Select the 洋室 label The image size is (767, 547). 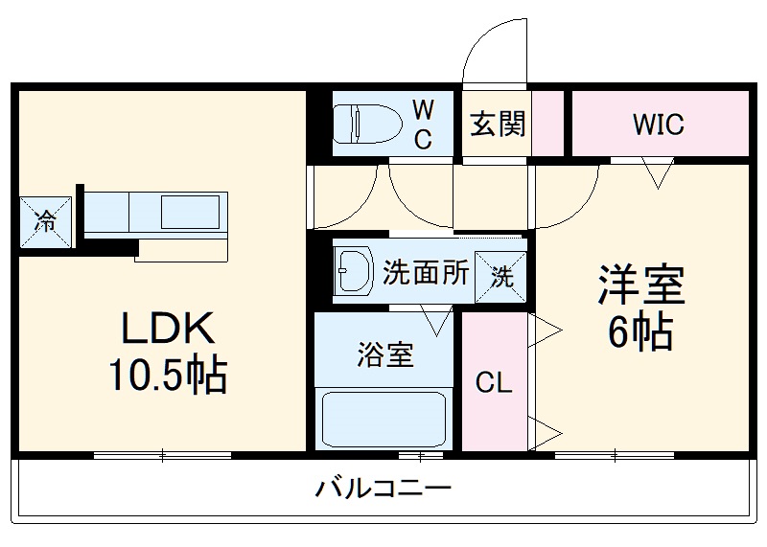(639, 285)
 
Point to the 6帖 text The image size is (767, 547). (639, 332)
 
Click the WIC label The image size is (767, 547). (658, 125)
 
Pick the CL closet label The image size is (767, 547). (495, 384)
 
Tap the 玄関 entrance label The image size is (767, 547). (498, 125)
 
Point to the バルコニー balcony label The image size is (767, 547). (383, 490)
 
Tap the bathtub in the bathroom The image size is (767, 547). (384, 418)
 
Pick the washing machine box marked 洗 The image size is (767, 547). (502, 277)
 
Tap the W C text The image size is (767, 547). (422, 125)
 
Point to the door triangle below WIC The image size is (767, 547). (657, 173)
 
